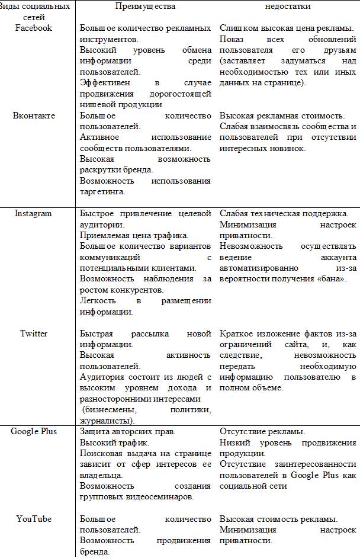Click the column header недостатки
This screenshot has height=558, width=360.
[287, 7]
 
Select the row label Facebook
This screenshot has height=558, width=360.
[33, 28]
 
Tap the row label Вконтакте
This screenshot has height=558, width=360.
[34, 116]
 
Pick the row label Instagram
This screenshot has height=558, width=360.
[33, 214]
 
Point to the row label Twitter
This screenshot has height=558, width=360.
[34, 333]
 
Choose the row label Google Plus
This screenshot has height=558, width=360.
[34, 431]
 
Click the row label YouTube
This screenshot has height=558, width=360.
[34, 519]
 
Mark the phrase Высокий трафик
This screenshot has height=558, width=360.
[112, 442]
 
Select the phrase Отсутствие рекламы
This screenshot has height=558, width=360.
[262, 432]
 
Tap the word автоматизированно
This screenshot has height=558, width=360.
[255, 268]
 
